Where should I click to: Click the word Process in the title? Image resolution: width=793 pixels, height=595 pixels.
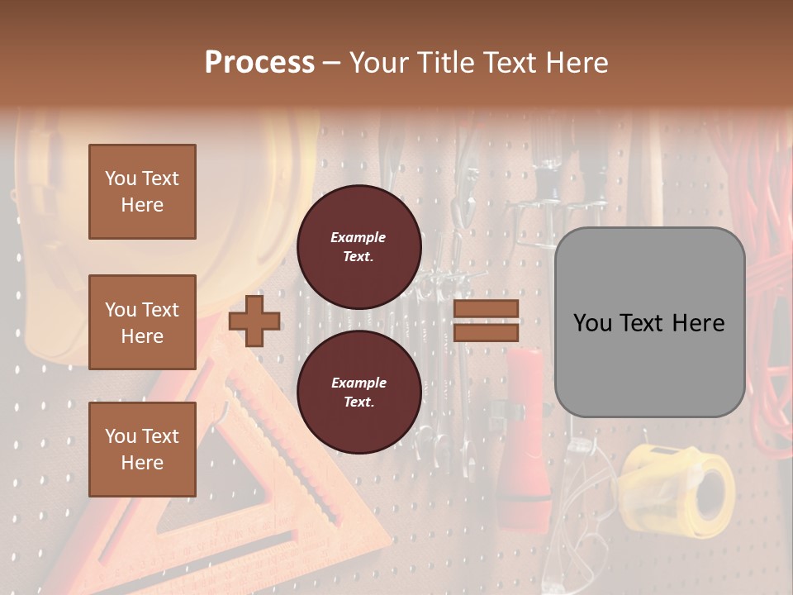259,62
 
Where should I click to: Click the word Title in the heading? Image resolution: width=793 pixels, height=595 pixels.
446,62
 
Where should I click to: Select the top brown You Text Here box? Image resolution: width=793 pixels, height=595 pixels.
142,192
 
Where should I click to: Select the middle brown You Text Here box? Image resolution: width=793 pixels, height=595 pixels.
142,322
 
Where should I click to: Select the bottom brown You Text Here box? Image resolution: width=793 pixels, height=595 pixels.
142,449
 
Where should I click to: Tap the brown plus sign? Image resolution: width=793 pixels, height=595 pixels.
254,321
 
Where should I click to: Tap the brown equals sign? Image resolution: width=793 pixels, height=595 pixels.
487,321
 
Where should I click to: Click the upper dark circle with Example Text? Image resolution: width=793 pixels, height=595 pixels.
359,247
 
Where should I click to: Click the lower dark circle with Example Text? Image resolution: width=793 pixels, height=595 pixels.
359,393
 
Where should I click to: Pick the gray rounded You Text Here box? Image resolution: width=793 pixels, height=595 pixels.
649,322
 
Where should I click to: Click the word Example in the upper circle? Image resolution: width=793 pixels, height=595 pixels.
359,237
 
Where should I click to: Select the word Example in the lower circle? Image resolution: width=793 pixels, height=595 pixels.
359,383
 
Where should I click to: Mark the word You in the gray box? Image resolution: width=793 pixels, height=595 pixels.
591,322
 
